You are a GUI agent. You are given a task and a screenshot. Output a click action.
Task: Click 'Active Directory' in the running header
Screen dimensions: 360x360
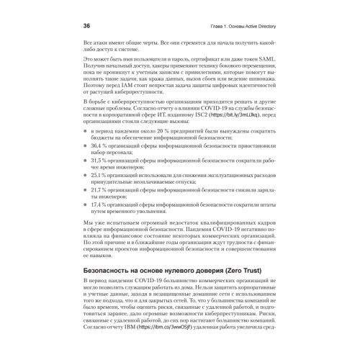261,24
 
